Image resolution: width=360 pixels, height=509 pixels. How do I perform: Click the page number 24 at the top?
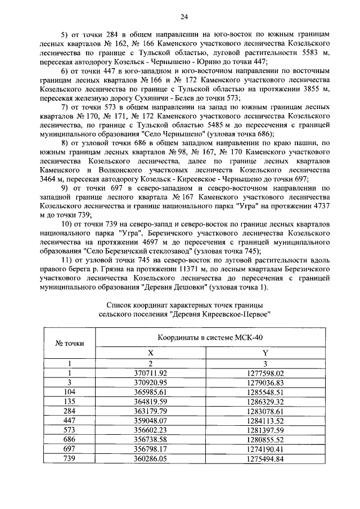coord(180,17)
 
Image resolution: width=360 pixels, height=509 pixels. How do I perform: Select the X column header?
coord(150,352)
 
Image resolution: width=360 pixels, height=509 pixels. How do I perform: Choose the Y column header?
coord(265,352)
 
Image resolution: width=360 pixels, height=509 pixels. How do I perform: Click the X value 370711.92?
coord(150,372)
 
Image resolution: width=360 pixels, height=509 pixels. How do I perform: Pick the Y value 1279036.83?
coord(265,382)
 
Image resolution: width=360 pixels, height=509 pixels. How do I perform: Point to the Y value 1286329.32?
coord(265,402)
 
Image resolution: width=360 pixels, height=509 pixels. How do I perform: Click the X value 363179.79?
coord(150,411)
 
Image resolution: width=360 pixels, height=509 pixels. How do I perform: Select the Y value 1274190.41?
coord(265,450)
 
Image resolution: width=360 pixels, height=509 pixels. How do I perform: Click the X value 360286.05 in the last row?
coord(150,460)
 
